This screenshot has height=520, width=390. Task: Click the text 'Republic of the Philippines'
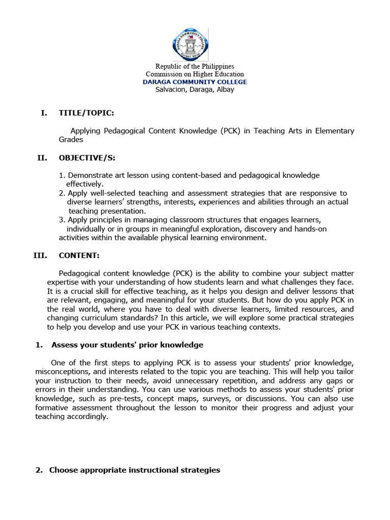(194, 67)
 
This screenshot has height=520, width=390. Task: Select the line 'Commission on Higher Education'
(194, 74)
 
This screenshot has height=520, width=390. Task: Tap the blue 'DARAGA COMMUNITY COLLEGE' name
(194, 82)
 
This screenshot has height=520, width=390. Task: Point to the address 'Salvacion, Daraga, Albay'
(194, 89)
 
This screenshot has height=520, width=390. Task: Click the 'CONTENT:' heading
(79, 255)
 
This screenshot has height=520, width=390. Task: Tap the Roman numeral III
(40, 255)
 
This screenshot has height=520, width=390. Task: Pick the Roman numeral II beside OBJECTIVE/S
(42, 158)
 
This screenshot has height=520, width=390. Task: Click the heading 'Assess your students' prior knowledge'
(127, 345)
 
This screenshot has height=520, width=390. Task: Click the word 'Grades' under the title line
(71, 139)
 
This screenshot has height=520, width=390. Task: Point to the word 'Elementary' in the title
(335, 131)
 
